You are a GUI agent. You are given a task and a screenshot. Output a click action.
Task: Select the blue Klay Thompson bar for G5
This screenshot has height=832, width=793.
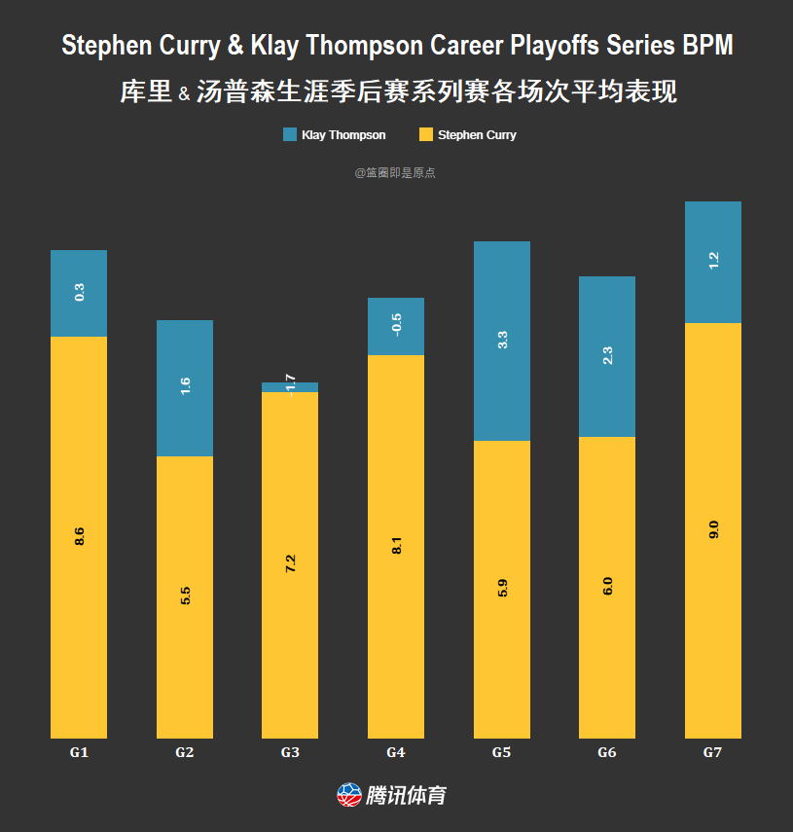(501, 341)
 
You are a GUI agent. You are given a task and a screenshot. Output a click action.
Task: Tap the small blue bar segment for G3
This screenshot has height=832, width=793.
(290, 387)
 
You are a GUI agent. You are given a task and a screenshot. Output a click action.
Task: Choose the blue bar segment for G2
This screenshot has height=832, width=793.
(185, 387)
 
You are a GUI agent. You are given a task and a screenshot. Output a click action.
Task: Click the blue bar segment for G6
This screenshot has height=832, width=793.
(607, 356)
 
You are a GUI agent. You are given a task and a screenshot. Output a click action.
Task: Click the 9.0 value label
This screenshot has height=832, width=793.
(713, 530)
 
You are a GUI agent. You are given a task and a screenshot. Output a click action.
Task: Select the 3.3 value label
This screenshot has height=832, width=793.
(502, 341)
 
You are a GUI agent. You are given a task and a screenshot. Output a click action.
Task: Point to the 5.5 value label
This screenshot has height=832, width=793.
(185, 596)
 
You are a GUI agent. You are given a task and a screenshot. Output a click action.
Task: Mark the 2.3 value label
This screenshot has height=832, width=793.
(607, 355)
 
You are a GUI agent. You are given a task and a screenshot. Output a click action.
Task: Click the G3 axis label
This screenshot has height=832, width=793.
(290, 752)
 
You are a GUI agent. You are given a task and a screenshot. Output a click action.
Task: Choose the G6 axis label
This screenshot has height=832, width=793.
(607, 752)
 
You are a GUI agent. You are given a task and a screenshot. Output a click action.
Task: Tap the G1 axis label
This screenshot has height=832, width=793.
(79, 752)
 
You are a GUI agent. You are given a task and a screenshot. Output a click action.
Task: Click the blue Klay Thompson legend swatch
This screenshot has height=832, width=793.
(290, 134)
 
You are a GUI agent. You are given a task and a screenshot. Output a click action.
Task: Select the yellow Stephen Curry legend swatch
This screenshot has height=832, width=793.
(425, 134)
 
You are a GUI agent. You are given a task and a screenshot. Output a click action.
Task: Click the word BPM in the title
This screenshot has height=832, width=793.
(706, 46)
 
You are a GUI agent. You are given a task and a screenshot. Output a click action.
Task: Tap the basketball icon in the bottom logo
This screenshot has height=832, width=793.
(348, 795)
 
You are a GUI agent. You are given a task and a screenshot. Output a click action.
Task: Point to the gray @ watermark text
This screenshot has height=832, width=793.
(395, 172)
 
